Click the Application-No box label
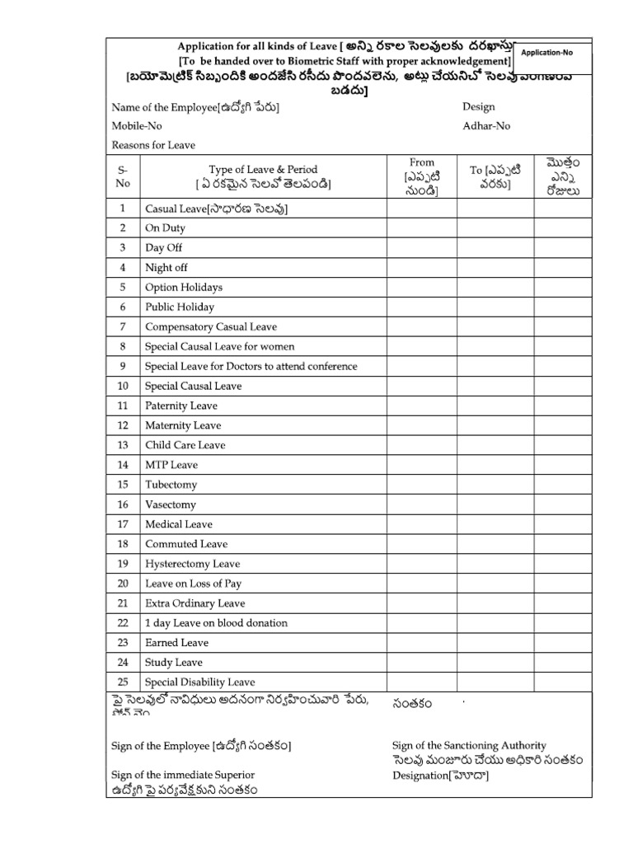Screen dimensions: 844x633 pyautogui.click(x=548, y=52)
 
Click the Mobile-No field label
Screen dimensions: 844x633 pyautogui.click(x=137, y=126)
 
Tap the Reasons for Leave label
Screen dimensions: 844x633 pyautogui.click(x=153, y=145)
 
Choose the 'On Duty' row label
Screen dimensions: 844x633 pyautogui.click(x=165, y=228)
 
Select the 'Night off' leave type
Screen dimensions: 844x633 pyautogui.click(x=166, y=268)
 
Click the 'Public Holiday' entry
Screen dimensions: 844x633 pyautogui.click(x=179, y=307)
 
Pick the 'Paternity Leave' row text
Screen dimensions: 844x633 pyautogui.click(x=181, y=406)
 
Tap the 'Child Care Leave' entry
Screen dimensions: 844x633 pyautogui.click(x=185, y=445)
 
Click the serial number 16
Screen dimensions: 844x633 pyautogui.click(x=123, y=504)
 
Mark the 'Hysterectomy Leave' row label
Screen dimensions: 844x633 pyautogui.click(x=192, y=564)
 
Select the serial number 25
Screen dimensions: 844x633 pyautogui.click(x=123, y=682)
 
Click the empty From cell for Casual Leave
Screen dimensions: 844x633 pyautogui.click(x=421, y=209)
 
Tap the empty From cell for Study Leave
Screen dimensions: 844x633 pyautogui.click(x=421, y=663)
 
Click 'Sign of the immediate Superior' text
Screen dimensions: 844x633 pyautogui.click(x=183, y=775)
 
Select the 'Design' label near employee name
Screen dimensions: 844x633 pyautogui.click(x=479, y=107)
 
